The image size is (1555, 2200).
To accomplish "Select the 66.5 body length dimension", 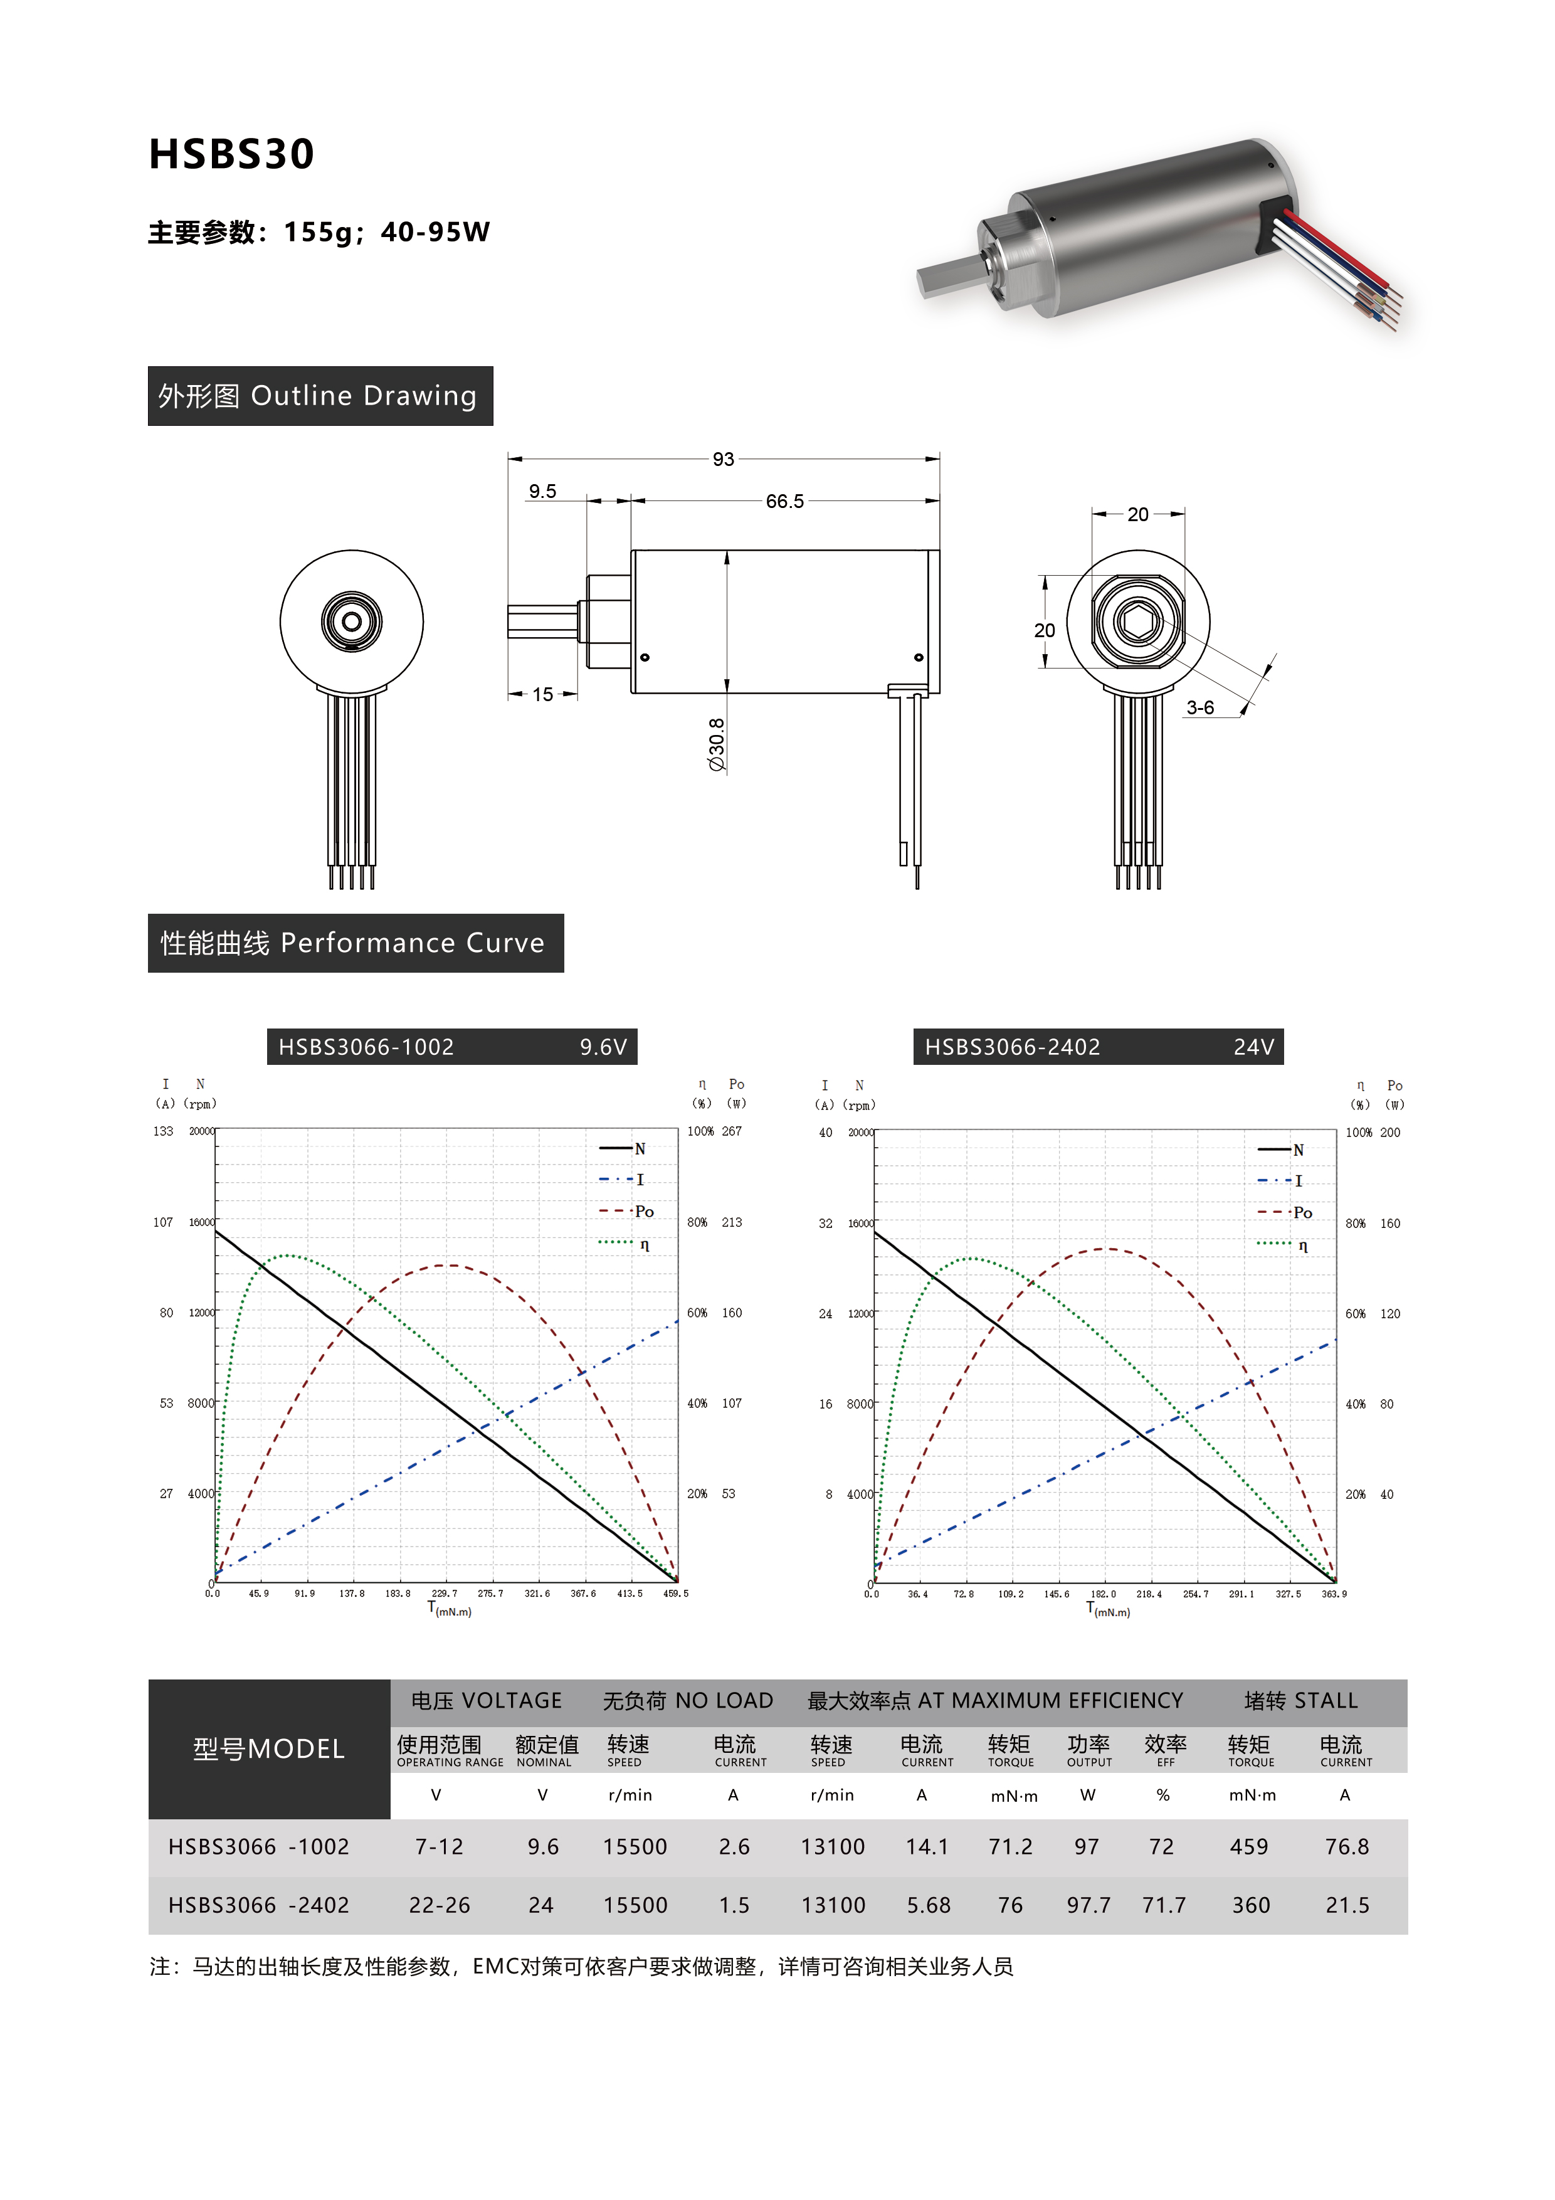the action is click(784, 501).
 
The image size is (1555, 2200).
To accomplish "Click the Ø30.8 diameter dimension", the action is click(717, 744).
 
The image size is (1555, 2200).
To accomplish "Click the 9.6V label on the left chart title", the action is click(603, 1047).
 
